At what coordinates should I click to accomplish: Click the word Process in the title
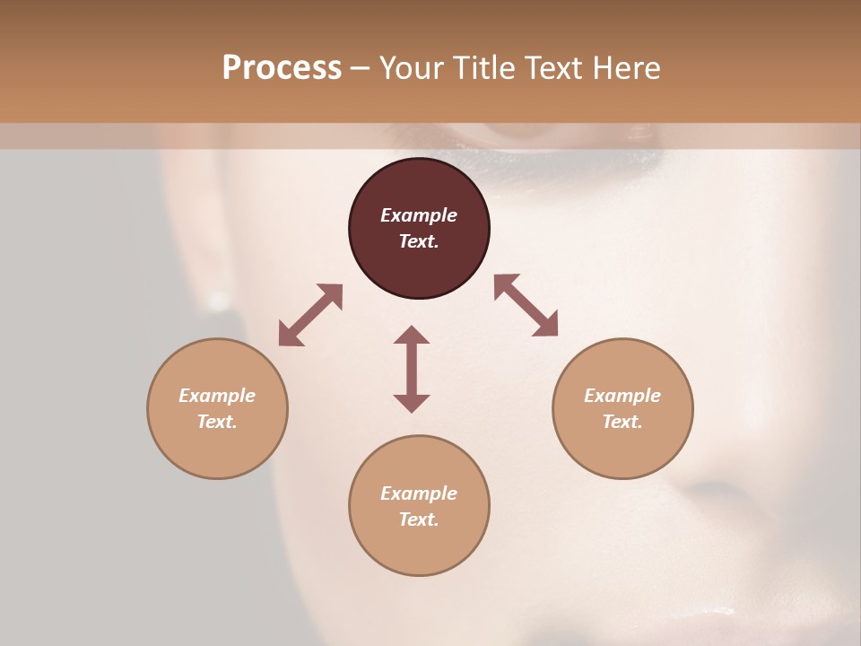click(x=282, y=68)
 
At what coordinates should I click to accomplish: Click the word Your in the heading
click(x=408, y=68)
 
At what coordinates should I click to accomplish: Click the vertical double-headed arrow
click(x=412, y=369)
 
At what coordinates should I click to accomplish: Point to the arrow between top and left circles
click(x=310, y=315)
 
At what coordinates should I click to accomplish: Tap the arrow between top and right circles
click(x=526, y=305)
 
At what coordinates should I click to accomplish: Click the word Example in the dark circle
click(x=419, y=215)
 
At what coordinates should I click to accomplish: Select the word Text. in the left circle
click(x=217, y=422)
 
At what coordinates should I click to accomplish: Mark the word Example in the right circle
click(x=622, y=396)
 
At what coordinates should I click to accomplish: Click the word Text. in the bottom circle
click(x=419, y=519)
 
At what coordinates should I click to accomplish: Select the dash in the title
click(x=361, y=68)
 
